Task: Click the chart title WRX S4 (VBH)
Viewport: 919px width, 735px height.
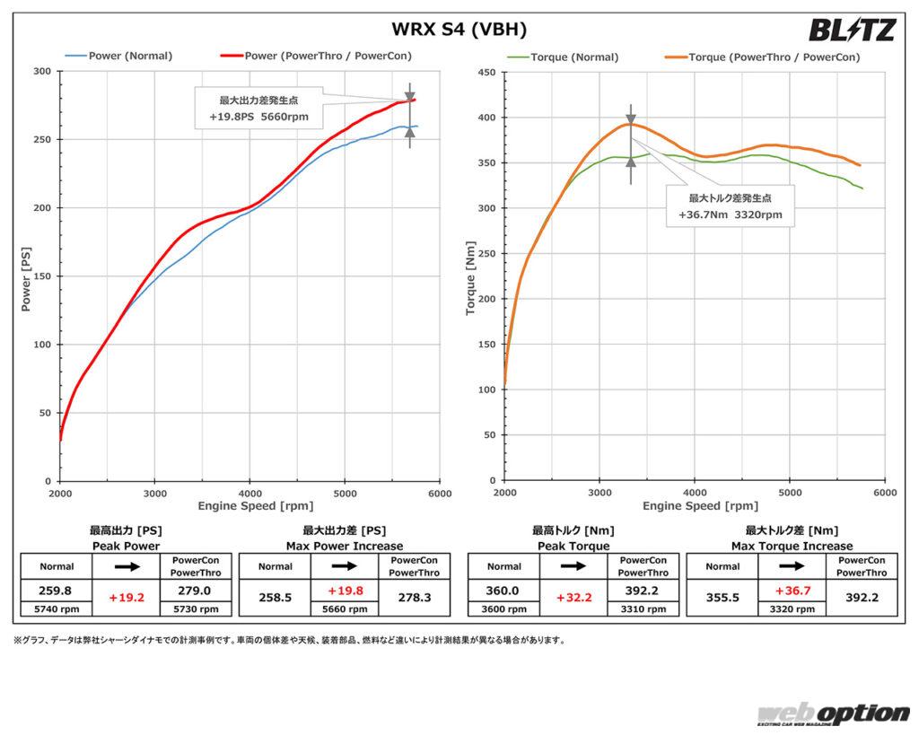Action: tap(459, 30)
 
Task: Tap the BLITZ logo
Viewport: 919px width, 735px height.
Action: tap(852, 31)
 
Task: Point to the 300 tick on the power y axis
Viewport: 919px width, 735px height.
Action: tap(41, 71)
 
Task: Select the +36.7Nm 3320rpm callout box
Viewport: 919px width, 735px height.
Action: tap(730, 206)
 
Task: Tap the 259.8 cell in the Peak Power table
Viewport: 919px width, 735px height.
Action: tap(56, 590)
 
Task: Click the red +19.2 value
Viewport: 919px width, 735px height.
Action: tap(126, 598)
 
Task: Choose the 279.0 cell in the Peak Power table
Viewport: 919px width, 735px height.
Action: tap(196, 590)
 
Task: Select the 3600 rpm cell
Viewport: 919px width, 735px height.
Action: tap(503, 608)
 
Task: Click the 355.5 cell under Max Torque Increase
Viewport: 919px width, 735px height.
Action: tap(722, 597)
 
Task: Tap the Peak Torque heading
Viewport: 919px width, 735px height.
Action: tap(573, 546)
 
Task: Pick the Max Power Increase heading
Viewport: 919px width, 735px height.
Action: tap(344, 546)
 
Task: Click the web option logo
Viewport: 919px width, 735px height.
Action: tap(831, 714)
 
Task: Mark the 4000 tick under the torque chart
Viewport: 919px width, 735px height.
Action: tap(695, 493)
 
